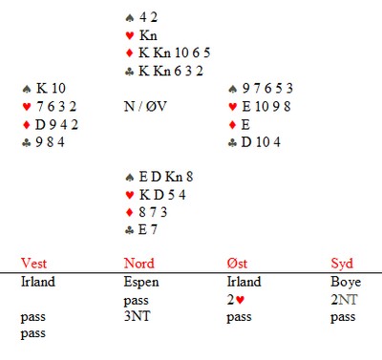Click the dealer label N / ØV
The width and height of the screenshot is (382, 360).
[x=145, y=106]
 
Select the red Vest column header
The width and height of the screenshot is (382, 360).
[x=33, y=264]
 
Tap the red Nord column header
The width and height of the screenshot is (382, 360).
[x=139, y=264]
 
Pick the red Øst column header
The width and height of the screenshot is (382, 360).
[x=237, y=264]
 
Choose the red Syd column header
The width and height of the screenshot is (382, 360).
[x=342, y=265]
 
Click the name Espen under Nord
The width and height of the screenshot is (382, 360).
[x=141, y=283]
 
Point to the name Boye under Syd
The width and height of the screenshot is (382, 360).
[x=346, y=283]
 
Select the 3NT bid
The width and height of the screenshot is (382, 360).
[x=137, y=316]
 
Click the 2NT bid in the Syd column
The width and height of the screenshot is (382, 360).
[x=344, y=300]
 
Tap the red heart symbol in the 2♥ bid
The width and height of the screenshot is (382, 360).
[x=240, y=300]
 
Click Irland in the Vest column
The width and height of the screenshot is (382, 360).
[x=38, y=282]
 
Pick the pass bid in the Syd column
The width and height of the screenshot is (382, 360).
[x=343, y=318]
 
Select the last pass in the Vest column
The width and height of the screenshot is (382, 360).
[x=33, y=334]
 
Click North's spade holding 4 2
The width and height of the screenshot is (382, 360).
[x=148, y=17]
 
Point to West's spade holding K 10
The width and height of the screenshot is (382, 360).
[x=51, y=88]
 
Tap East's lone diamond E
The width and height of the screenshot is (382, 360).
[x=245, y=124]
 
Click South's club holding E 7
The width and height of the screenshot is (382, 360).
[x=148, y=229]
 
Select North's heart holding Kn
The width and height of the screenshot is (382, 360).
[x=148, y=35]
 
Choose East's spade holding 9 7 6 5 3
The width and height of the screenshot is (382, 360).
[x=267, y=88]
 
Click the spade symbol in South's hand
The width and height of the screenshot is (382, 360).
[x=129, y=177]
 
